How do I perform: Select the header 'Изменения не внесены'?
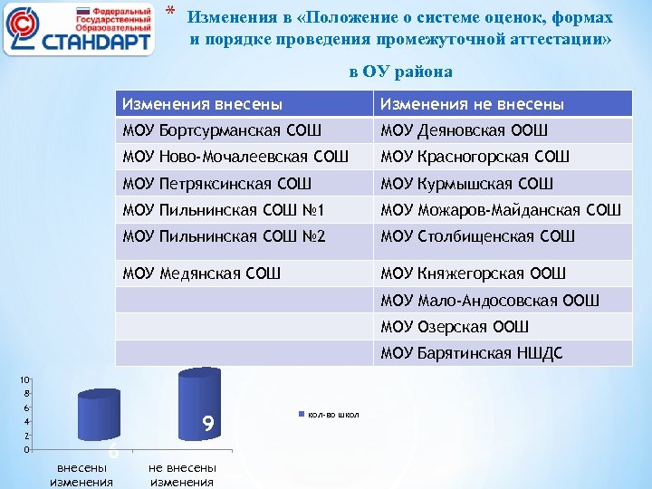473,104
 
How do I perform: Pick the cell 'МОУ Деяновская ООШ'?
465,130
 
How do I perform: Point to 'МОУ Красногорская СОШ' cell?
475,157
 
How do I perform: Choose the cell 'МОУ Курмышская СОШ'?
466,184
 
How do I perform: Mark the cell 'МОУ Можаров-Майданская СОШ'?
501,211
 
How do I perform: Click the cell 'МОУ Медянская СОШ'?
202,272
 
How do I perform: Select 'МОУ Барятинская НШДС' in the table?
472,352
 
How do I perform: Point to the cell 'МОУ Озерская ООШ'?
455,326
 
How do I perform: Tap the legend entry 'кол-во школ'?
333,415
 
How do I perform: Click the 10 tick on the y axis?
27,379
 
